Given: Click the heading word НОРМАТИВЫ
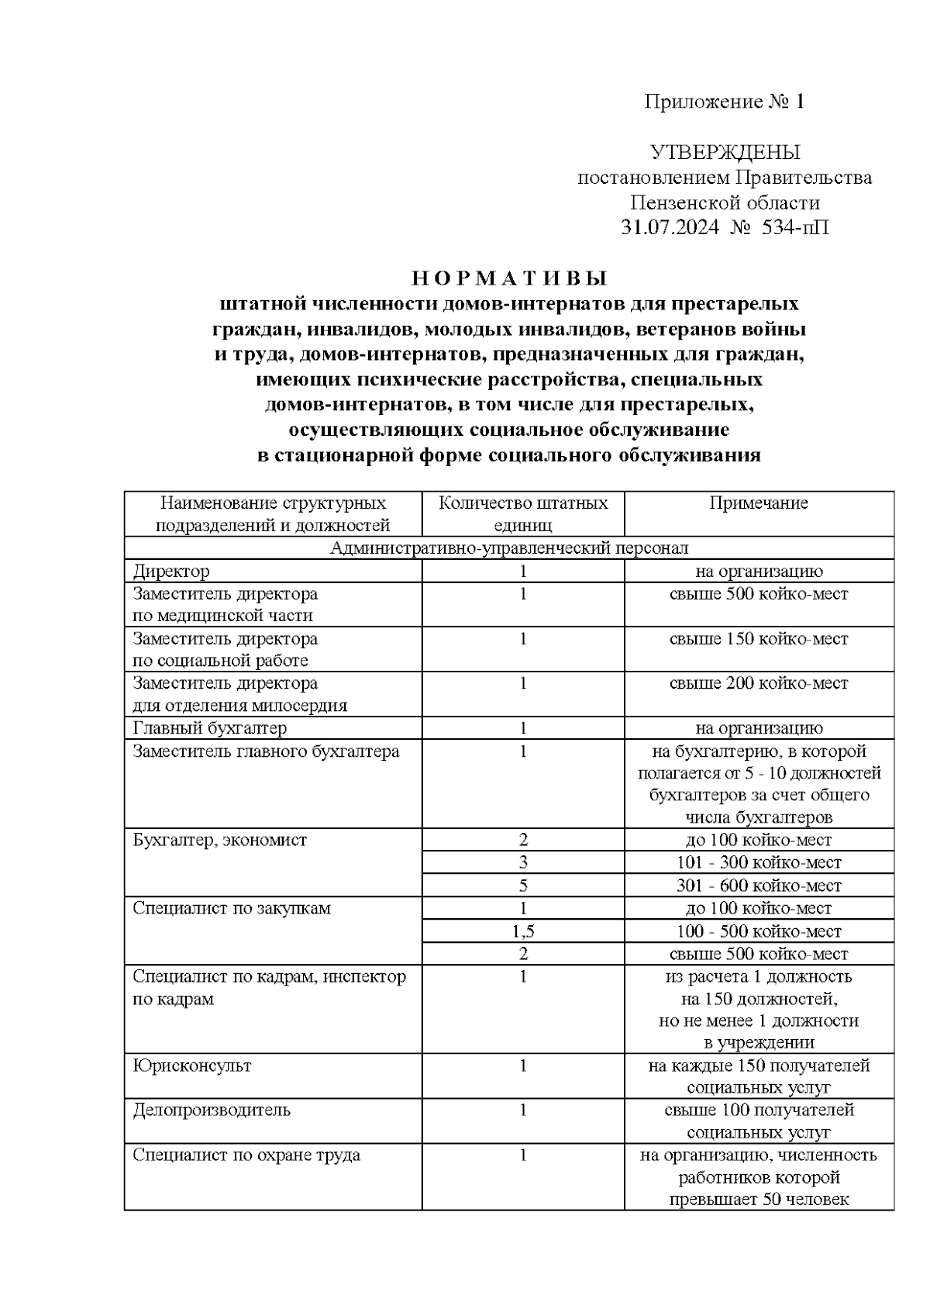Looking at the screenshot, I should point(508,278).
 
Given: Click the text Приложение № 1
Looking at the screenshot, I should point(725,102).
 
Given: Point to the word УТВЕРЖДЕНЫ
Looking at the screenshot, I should point(725,152).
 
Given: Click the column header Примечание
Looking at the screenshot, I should point(759,503).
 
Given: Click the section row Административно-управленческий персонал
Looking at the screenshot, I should point(508,548).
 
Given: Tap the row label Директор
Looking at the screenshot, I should point(171,572).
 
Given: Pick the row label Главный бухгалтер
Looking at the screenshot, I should point(209,728).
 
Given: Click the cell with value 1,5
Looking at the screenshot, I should point(523,931).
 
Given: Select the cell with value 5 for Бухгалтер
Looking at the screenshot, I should point(523,886).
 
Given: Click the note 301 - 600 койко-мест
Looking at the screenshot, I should point(759,886).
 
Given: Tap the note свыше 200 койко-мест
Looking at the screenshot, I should point(759,683).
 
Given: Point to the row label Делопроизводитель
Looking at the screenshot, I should point(211,1110).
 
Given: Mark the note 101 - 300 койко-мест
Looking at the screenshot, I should point(759,862).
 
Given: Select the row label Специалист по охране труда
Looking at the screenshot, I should point(246,1155).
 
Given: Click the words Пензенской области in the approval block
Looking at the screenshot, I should point(725,203).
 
